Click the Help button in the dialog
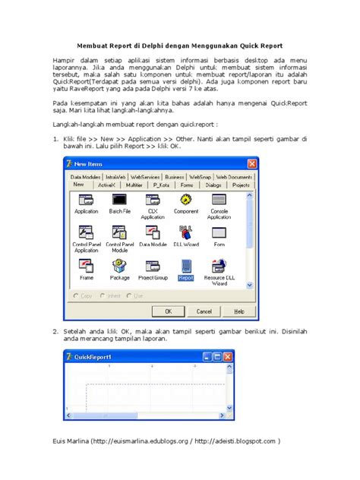(x=238, y=311)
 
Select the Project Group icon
(x=153, y=267)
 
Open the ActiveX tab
(x=106, y=184)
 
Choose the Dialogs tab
(x=213, y=184)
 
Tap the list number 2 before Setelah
(x=55, y=331)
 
